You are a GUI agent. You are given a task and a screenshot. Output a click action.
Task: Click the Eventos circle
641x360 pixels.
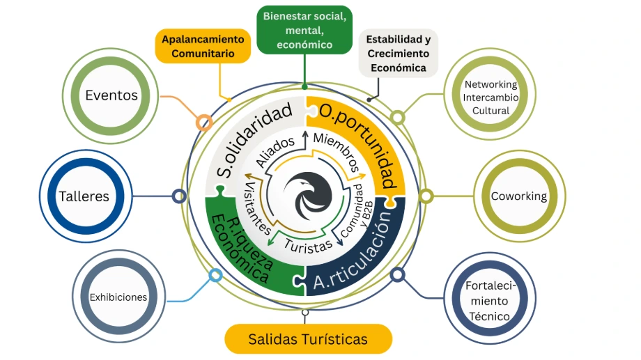111,95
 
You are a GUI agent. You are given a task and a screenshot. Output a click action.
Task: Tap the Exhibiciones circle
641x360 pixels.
118,297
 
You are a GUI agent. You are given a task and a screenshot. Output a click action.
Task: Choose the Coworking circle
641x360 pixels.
518,196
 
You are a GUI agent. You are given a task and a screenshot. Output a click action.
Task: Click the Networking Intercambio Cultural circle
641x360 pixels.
491,97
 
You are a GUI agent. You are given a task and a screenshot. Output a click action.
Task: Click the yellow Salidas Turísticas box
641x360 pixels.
308,339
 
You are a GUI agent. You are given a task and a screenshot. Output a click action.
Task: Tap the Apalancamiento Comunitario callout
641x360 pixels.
202,46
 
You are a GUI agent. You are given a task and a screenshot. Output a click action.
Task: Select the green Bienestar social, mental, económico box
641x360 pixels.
304,30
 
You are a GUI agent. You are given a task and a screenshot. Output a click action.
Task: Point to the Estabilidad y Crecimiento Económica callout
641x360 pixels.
398,54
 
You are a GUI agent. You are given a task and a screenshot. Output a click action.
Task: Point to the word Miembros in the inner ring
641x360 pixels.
337,151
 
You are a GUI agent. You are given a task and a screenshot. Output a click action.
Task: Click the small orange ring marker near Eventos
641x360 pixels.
203,123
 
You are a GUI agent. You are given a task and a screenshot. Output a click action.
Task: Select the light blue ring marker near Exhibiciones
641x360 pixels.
215,275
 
